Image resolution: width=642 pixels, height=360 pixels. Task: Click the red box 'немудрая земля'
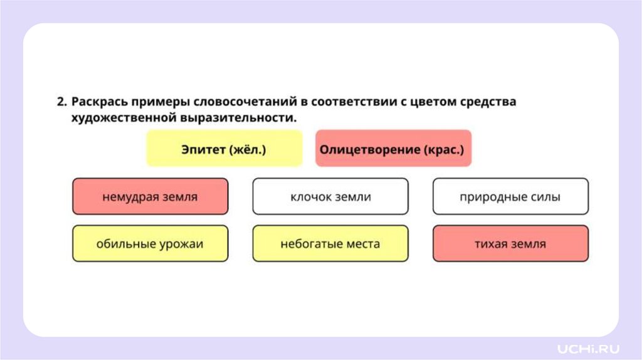click(150, 196)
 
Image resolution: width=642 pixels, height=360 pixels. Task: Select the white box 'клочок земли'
click(330, 196)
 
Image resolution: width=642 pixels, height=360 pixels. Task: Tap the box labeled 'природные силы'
click(510, 196)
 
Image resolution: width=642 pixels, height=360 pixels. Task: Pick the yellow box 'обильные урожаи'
click(150, 243)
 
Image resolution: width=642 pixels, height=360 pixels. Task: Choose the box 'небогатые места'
click(330, 243)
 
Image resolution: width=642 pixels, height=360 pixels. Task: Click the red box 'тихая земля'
click(510, 243)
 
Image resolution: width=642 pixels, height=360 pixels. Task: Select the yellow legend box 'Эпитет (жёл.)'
click(224, 149)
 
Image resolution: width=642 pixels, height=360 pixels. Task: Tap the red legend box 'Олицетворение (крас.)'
click(393, 149)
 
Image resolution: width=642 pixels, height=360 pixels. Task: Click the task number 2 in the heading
click(61, 102)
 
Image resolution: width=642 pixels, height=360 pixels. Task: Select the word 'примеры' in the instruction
click(159, 102)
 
